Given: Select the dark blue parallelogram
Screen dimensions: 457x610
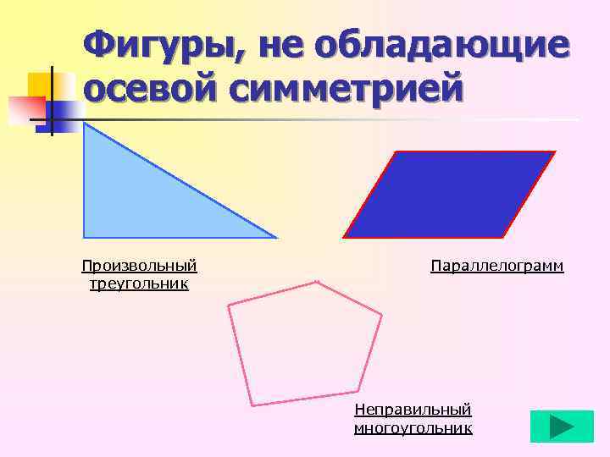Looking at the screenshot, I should (449, 195).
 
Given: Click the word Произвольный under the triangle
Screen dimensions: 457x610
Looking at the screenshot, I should (139, 267).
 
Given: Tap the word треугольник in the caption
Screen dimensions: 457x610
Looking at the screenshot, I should (139, 284).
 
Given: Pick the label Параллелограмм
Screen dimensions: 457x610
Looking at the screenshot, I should (496, 267).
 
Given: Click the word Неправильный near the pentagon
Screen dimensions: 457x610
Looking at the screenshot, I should (413, 410).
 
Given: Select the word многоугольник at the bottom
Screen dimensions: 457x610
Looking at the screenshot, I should (413, 428).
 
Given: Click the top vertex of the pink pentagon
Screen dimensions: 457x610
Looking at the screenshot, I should (317, 282).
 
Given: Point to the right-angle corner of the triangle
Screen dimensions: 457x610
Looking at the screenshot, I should (84, 237).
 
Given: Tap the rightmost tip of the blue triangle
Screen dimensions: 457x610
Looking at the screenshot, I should (275, 237).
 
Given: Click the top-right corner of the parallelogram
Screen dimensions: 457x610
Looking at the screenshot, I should (555, 152).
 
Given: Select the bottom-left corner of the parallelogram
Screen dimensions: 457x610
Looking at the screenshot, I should (344, 237).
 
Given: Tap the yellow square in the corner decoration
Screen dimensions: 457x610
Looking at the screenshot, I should (42, 85).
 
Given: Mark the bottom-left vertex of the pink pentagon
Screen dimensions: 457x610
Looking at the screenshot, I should (251, 405).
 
